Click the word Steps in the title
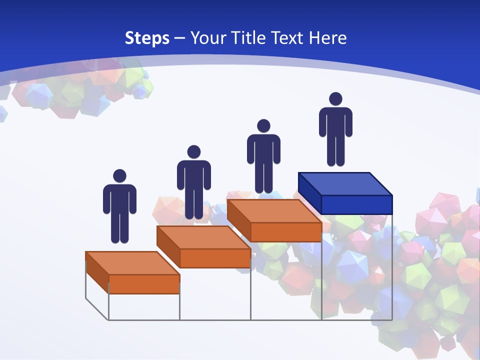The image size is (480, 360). pos(147,38)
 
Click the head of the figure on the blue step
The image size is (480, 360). pos(335,99)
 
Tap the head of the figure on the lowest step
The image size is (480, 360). pos(119,175)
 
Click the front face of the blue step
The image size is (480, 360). pos(356,204)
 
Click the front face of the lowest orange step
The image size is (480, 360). pos(144,284)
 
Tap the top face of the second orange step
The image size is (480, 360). pos(203,237)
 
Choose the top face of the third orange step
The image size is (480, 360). pos(274,211)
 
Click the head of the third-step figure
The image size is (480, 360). pos(263,126)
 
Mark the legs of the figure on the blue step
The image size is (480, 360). pos(335,150)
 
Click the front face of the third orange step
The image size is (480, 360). pos(286,232)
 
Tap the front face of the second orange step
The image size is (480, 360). pos(215,258)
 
